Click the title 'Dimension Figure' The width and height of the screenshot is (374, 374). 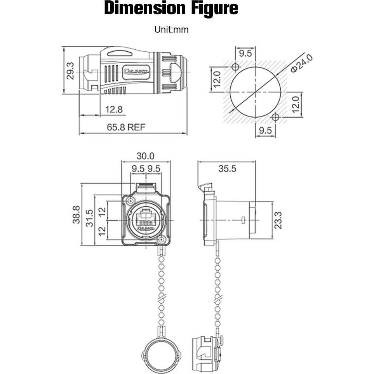point(171,9)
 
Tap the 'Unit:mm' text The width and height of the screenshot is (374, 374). point(171,30)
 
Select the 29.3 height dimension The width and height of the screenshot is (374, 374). point(70,70)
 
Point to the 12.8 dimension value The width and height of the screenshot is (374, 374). point(113,110)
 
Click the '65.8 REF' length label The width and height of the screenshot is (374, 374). point(126,127)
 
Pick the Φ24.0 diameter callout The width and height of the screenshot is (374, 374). point(301,63)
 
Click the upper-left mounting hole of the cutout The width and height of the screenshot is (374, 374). point(235,67)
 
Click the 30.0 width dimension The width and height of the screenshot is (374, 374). point(145,156)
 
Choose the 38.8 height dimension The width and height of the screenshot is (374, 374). point(76,214)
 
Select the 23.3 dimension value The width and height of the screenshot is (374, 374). point(278,220)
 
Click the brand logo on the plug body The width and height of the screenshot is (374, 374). point(136,71)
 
